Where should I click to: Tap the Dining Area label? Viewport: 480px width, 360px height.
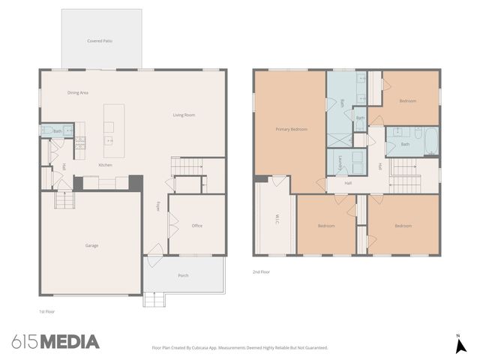78,92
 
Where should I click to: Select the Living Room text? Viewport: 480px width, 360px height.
184,115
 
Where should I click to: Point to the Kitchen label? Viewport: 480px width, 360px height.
106,165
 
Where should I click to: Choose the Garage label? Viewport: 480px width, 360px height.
91,245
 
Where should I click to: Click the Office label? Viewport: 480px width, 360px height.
197,226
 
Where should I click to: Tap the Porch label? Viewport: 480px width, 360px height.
183,275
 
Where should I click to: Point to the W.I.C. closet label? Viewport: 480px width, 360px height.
277,220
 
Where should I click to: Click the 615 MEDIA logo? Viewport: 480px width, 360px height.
55,342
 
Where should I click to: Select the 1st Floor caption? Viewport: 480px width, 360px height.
46,310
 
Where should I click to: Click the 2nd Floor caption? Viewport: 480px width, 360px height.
261,272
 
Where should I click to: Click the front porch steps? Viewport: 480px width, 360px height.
154,299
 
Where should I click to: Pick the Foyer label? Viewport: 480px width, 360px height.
158,206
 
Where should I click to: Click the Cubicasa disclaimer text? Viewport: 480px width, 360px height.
240,348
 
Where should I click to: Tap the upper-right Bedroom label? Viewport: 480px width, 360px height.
407,100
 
